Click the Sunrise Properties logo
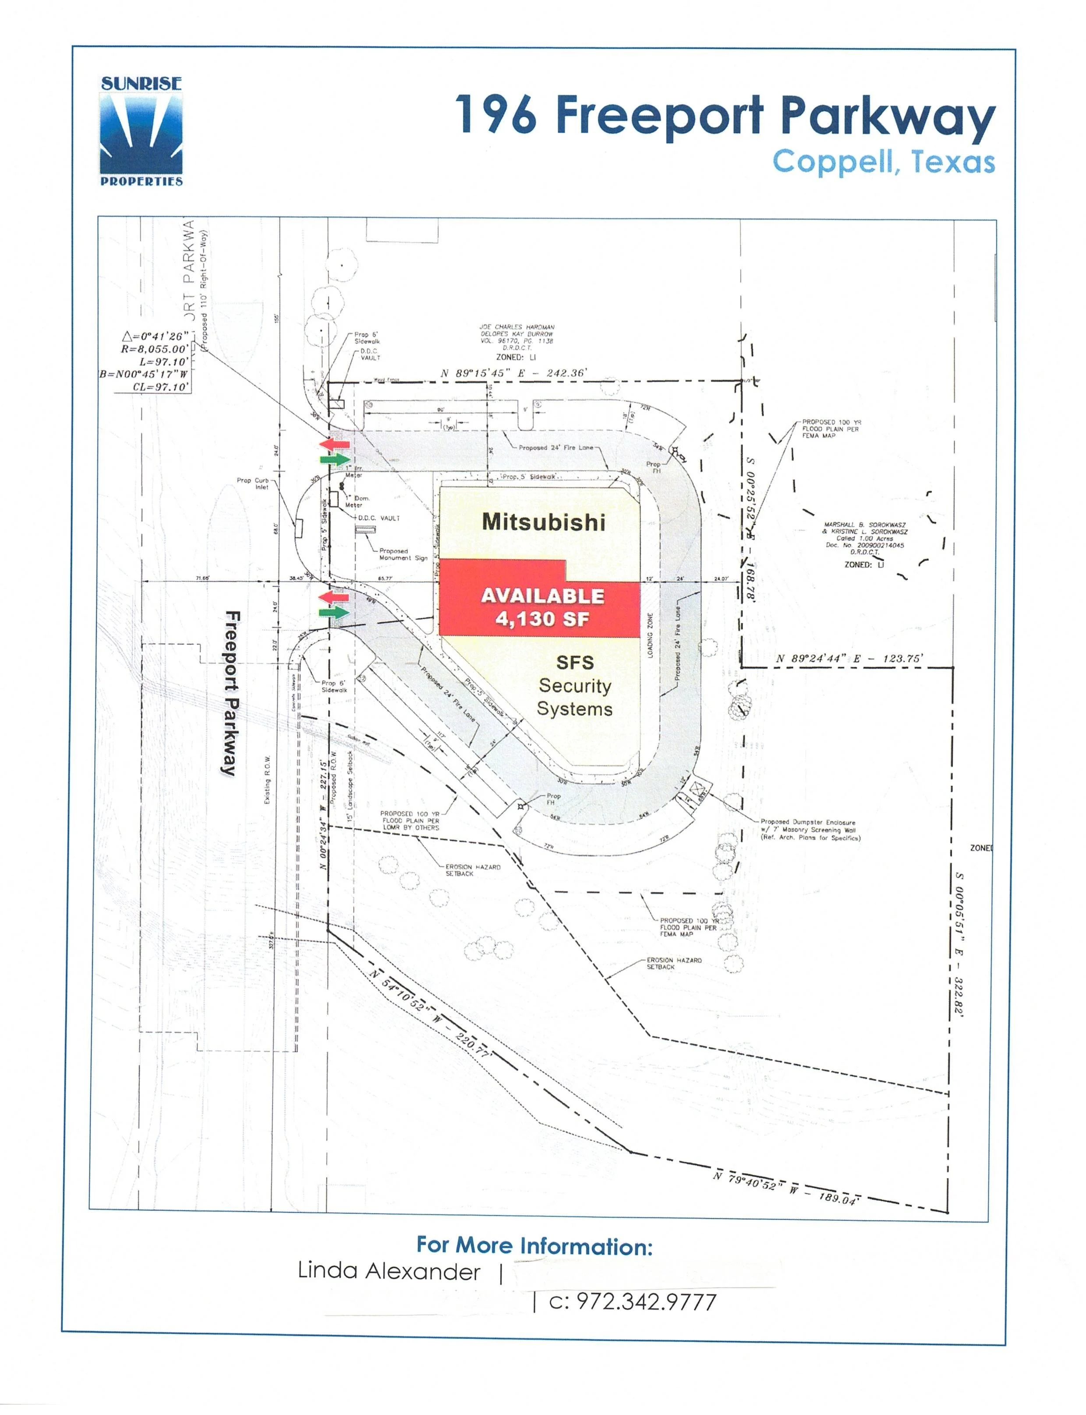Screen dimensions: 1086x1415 click(141, 132)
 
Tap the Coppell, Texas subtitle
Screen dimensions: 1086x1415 click(883, 162)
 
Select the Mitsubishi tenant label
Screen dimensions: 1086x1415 click(543, 522)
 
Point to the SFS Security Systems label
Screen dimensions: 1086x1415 click(574, 685)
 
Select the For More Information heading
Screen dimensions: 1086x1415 click(534, 1245)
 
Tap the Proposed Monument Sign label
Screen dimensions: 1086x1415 click(403, 554)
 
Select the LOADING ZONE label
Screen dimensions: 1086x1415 click(650, 636)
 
